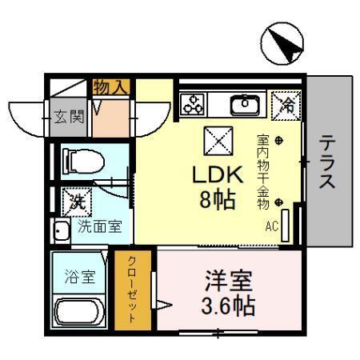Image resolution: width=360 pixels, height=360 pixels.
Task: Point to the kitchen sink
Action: click(x=242, y=104)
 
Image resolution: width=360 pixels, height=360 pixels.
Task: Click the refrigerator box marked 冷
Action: click(x=284, y=103)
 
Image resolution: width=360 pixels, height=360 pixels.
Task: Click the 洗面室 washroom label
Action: click(x=99, y=226)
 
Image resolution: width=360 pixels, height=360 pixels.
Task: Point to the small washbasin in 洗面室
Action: click(x=61, y=231)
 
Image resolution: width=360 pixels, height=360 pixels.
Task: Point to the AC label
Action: click(x=272, y=226)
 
